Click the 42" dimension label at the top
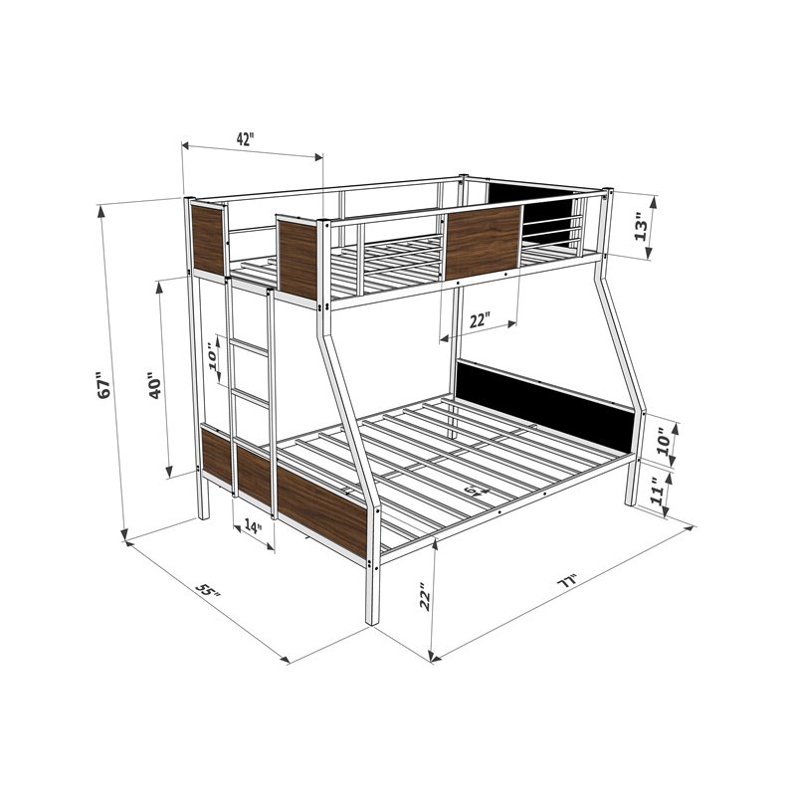pos(245,139)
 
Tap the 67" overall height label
pos(100,387)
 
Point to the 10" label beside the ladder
pos(215,356)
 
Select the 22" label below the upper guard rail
pos(481,320)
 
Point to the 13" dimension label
pos(643,227)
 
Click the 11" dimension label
pos(657,493)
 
